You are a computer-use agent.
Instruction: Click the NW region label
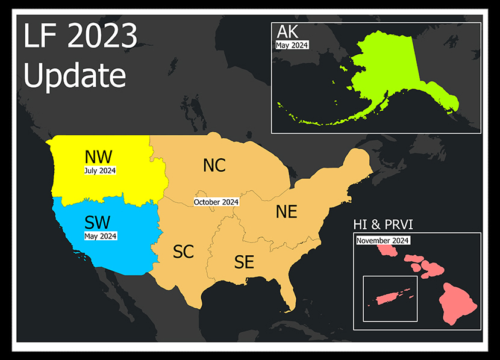[98, 157]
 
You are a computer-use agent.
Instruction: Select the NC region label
[214, 165]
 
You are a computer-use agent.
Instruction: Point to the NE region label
[286, 212]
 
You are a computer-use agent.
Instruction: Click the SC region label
[183, 252]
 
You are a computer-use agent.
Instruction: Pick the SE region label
[244, 262]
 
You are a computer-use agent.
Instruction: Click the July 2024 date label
[100, 171]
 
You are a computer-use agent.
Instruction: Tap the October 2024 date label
[216, 202]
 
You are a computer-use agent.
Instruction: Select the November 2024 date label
[383, 241]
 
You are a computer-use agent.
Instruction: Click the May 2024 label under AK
[292, 45]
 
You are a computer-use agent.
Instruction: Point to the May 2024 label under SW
[101, 236]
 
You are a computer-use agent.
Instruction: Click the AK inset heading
[289, 33]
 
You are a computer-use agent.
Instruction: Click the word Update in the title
[75, 76]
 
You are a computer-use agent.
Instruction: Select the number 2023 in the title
[102, 37]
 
